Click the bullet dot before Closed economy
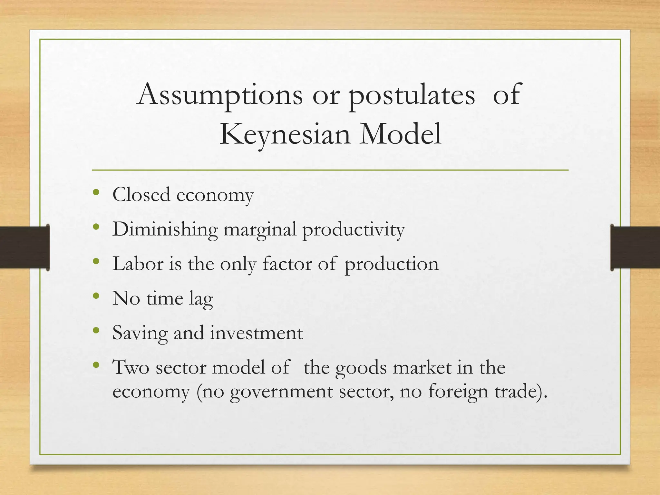coord(96,193)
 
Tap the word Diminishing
coord(165,229)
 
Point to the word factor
coord(287,264)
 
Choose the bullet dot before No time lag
coord(96,296)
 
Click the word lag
coord(201,299)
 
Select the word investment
coord(257,333)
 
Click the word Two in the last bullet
coord(131,367)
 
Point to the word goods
coord(361,368)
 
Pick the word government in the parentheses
coord(281,392)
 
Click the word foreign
coord(458,392)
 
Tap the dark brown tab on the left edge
coord(24,247)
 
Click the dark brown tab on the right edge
coord(635,247)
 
